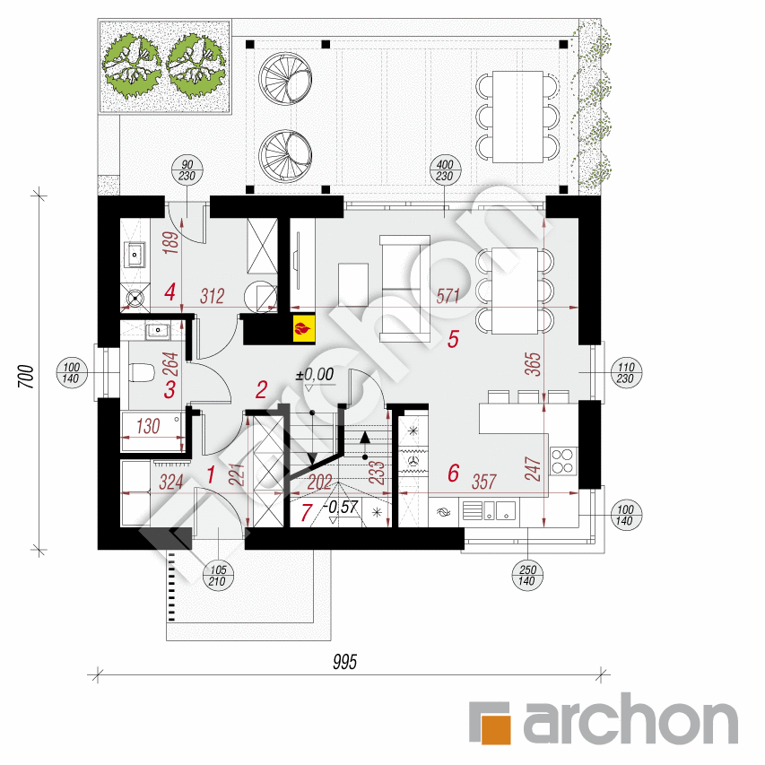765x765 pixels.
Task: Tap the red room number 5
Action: (453, 339)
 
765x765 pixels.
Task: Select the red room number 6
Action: (454, 474)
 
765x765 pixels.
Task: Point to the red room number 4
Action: (170, 292)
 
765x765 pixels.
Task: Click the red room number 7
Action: (306, 513)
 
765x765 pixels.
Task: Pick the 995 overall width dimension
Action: (345, 662)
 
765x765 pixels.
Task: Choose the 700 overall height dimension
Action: (26, 376)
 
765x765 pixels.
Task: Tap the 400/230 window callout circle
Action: (445, 170)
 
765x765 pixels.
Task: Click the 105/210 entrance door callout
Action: (218, 575)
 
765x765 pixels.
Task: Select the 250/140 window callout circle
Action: (527, 575)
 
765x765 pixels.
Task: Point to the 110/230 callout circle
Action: (626, 373)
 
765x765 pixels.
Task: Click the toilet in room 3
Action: (142, 373)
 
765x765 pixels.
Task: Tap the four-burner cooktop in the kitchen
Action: (562, 461)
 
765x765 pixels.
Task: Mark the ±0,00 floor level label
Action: (315, 375)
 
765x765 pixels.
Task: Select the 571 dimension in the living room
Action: (448, 296)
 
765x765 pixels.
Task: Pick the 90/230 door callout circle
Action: (187, 170)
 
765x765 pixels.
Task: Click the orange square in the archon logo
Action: (495, 729)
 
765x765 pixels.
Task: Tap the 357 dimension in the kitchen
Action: (483, 482)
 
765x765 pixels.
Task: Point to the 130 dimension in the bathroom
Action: (148, 426)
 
